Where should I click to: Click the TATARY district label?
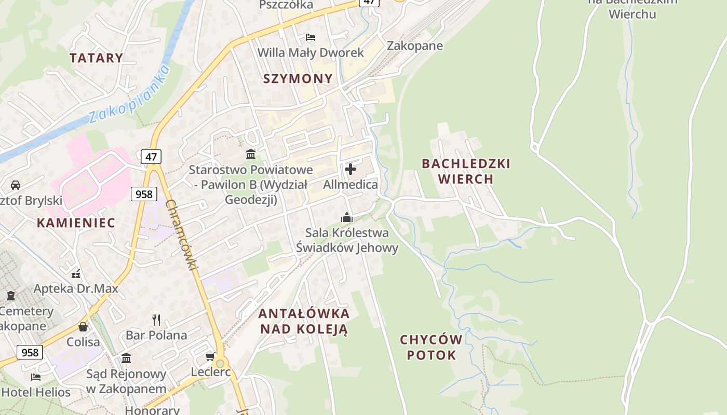tap(96, 58)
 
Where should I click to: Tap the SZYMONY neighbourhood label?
tap(298, 78)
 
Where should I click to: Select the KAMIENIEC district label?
tap(76, 223)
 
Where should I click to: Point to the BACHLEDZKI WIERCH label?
tap(466, 171)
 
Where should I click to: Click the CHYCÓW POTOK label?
tap(431, 348)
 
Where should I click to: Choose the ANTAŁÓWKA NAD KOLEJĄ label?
tap(304, 321)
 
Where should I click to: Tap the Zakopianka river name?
tap(129, 94)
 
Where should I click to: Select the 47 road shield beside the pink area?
tap(151, 156)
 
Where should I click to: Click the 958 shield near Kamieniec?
tap(143, 194)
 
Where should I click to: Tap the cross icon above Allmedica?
tap(351, 169)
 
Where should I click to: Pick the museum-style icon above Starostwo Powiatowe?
tap(251, 154)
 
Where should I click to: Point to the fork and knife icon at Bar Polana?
tap(156, 319)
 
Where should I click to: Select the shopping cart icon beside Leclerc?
tap(210, 356)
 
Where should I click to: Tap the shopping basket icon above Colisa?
tap(83, 327)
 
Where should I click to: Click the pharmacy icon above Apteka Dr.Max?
tap(76, 274)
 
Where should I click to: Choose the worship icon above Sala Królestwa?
tap(347, 217)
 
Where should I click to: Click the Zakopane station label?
tap(415, 46)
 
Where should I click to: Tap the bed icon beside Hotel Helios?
tap(35, 377)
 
